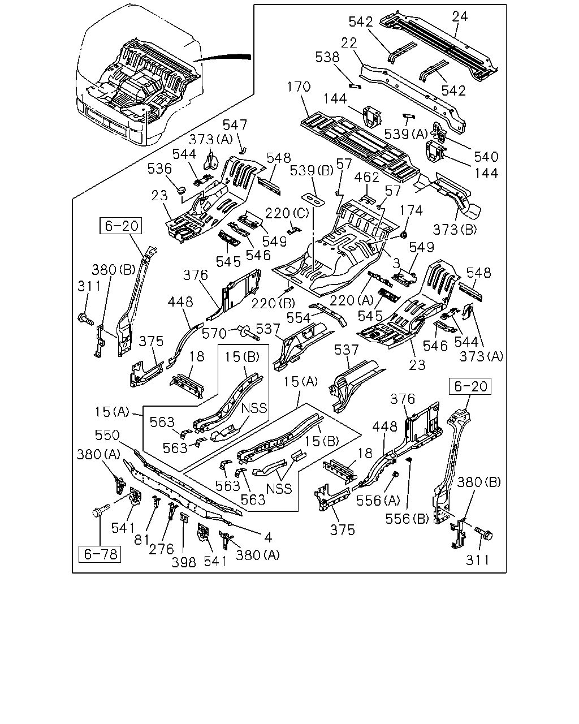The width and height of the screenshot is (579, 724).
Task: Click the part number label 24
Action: point(460,16)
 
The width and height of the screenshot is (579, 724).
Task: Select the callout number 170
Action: point(299,87)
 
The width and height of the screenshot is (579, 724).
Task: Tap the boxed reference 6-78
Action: point(100,554)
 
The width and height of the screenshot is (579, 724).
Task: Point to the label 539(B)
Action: point(312,171)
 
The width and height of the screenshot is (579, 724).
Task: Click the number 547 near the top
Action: point(235,125)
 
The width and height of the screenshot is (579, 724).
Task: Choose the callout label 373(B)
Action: point(455,230)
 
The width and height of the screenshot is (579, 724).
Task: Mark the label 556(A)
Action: point(378,501)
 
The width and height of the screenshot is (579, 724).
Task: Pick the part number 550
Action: point(107,436)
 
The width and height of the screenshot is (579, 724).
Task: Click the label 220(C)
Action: point(287,213)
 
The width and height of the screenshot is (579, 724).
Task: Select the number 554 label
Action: point(298,318)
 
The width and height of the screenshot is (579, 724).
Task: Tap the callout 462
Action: point(367,177)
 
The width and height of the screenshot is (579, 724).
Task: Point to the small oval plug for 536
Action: point(182,190)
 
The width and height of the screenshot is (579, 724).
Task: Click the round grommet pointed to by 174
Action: point(404,234)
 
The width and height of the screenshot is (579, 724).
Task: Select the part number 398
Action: point(184,562)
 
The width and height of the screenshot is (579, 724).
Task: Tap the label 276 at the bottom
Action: point(161,549)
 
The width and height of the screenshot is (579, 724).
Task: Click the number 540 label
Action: point(486,157)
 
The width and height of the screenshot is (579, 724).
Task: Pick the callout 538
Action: point(327,57)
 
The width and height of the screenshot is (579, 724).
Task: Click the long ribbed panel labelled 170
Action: point(360,146)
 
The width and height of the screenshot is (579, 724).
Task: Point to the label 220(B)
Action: point(273,304)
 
